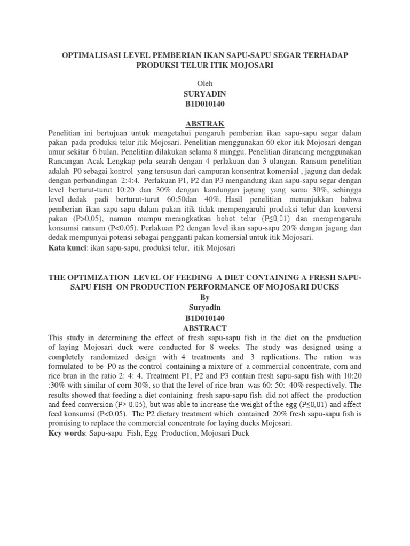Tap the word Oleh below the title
[205, 83]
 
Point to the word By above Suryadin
[205, 298]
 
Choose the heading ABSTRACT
[205, 328]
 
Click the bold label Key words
[67, 433]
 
